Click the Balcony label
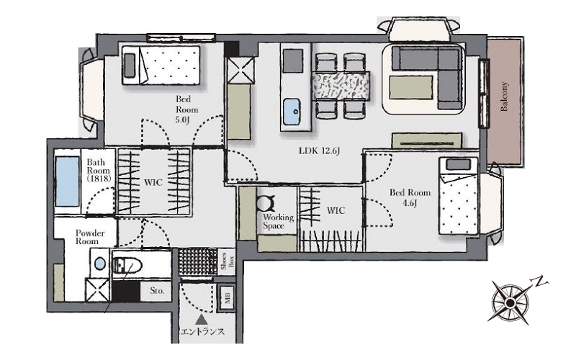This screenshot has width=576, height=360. pyautogui.click(x=505, y=96)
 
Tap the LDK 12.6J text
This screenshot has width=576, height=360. pyautogui.click(x=319, y=151)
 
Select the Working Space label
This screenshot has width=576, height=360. pyautogui.click(x=278, y=222)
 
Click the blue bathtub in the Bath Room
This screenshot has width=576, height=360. pyautogui.click(x=67, y=181)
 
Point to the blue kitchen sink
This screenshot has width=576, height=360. pyautogui.click(x=293, y=112)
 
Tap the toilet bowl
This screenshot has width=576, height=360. pyautogui.click(x=127, y=265)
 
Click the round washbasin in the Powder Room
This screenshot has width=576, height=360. pyautogui.click(x=100, y=263)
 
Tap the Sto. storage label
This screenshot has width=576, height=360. pyautogui.click(x=157, y=291)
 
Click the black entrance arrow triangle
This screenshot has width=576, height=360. pyautogui.click(x=201, y=320)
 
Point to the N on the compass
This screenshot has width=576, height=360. pyautogui.click(x=540, y=281)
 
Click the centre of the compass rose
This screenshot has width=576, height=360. pyautogui.click(x=510, y=302)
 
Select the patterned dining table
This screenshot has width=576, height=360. pyautogui.click(x=341, y=86)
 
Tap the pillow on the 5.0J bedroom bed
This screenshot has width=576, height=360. pyautogui.click(x=130, y=66)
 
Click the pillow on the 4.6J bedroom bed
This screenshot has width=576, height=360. pyautogui.click(x=458, y=165)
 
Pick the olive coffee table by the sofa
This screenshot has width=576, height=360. pyautogui.click(x=411, y=87)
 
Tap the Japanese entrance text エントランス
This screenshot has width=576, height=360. pyautogui.click(x=202, y=332)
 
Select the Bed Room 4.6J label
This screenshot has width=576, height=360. pyautogui.click(x=410, y=197)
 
